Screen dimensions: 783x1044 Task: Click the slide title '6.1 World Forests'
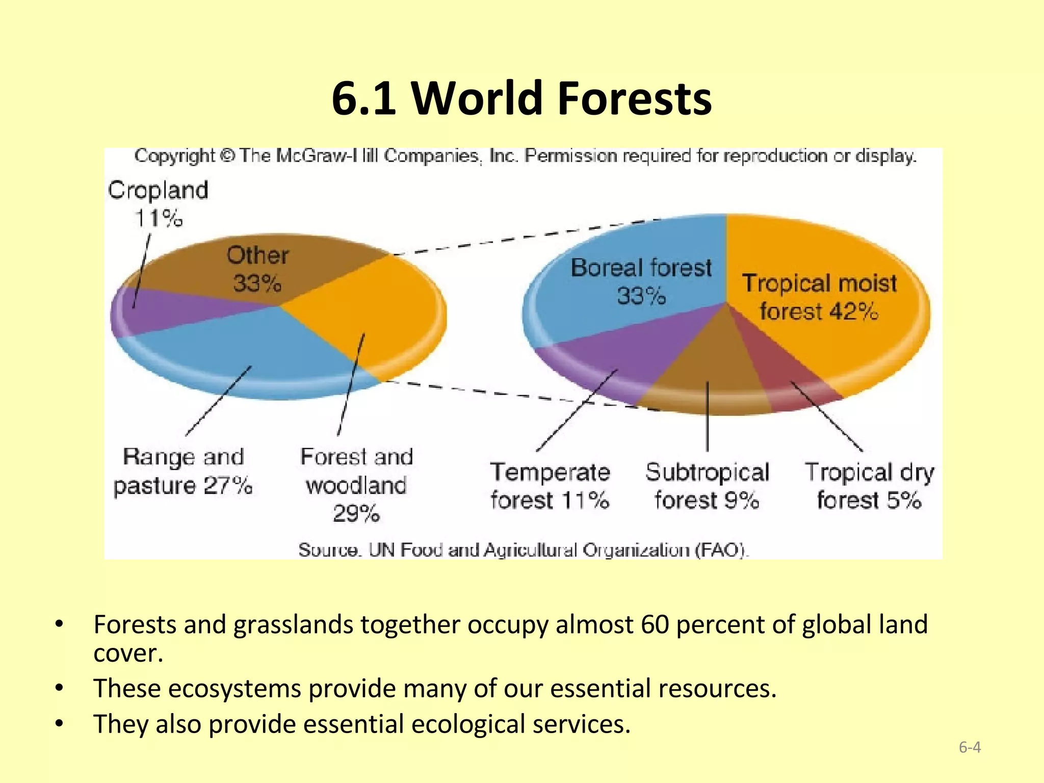pos(521,98)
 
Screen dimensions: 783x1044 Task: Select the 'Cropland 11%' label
pos(158,203)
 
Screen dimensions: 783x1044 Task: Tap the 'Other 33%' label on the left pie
pos(257,269)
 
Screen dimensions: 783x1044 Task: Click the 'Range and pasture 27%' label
pos(183,471)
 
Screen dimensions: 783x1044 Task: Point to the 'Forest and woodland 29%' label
pos(356,484)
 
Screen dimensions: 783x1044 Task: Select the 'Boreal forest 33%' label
pos(641,281)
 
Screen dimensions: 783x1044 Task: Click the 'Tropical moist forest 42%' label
pos(819,297)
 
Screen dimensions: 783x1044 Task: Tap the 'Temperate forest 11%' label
pos(550,485)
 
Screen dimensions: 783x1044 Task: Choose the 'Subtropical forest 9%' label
pos(707,485)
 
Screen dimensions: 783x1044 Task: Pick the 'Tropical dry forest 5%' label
pos(869,485)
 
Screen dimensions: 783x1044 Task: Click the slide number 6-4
pos(970,747)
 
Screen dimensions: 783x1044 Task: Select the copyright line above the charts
pos(525,156)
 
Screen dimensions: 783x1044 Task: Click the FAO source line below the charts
pos(524,550)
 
